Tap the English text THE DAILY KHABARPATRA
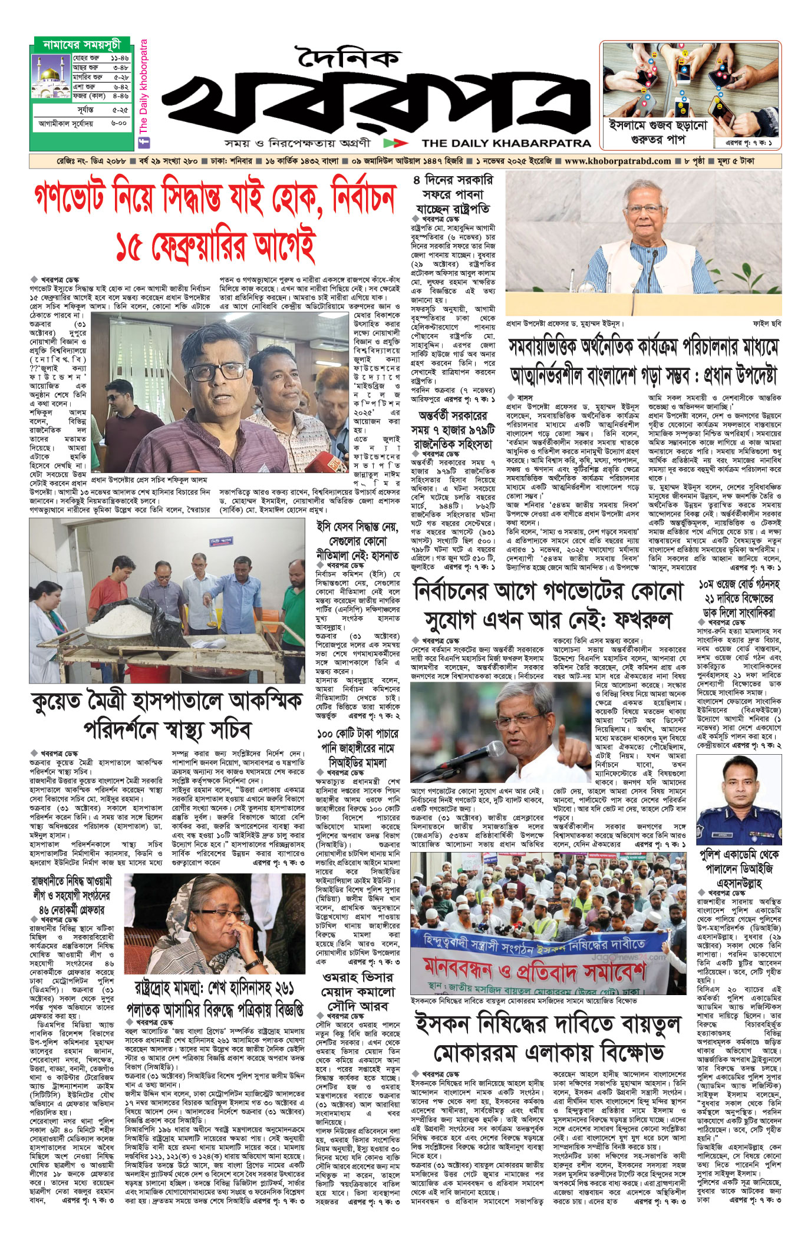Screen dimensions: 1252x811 [x=506, y=143]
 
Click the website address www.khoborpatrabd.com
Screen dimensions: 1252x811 [x=617, y=161]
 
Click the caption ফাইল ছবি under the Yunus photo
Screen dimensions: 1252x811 [x=767, y=323]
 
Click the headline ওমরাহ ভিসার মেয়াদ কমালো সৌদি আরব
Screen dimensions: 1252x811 [x=357, y=993]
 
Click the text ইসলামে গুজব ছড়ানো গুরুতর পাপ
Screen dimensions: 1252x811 [x=658, y=132]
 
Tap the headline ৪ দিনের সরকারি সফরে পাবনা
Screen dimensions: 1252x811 [x=452, y=194]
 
